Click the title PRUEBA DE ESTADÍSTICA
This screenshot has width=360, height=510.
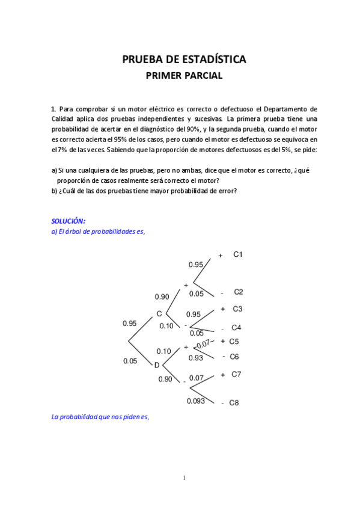(184, 60)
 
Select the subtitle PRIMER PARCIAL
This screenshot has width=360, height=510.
(184, 76)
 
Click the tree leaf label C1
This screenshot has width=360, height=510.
(238, 254)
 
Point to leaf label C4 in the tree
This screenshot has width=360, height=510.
(237, 328)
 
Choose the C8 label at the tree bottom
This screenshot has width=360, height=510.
(234, 403)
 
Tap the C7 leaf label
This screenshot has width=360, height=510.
(236, 374)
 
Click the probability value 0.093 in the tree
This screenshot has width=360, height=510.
(196, 401)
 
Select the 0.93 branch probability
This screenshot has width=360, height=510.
(195, 358)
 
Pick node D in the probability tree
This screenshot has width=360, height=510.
(157, 364)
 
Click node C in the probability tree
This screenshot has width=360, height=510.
(159, 313)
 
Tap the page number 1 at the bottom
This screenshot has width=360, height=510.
(184, 478)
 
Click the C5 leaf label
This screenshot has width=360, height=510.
(234, 341)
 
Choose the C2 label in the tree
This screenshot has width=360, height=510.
(238, 292)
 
